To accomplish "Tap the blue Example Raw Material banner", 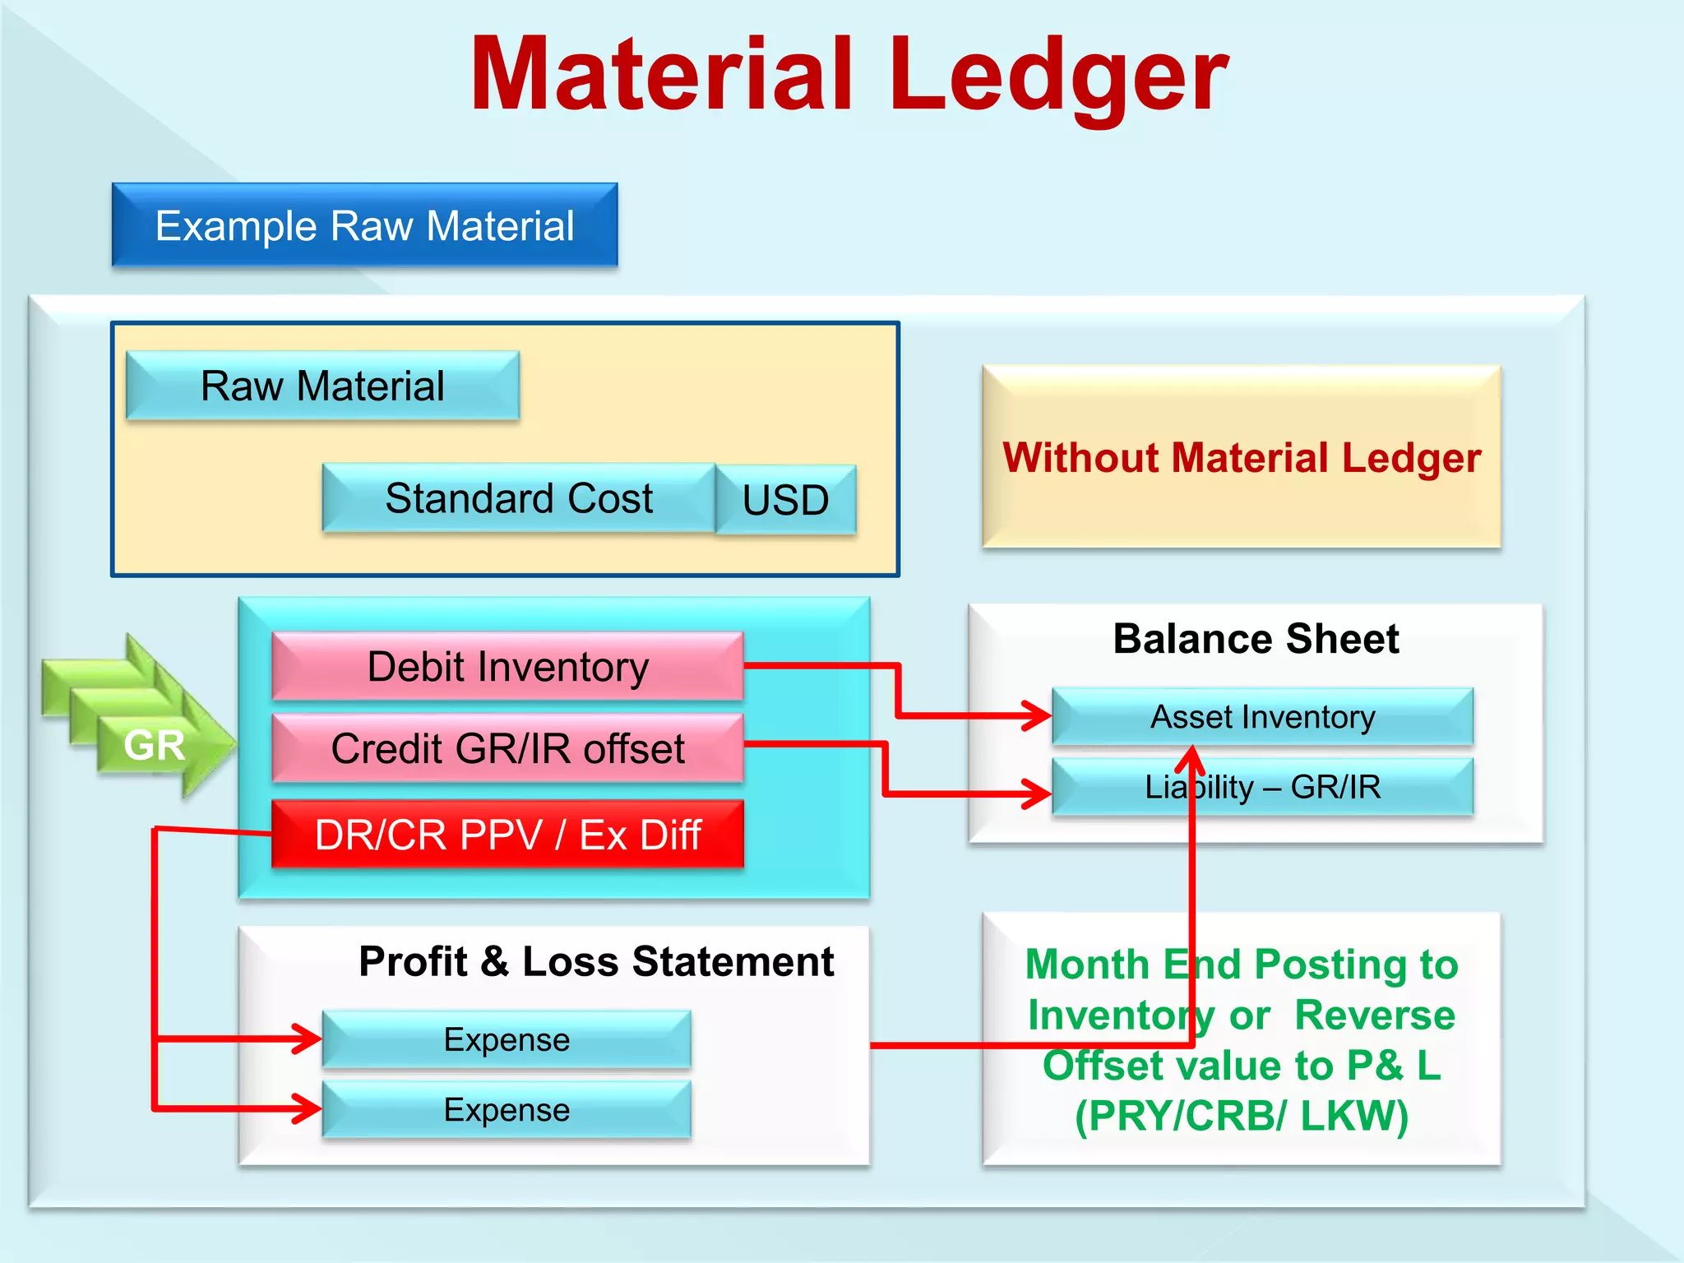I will [x=364, y=225].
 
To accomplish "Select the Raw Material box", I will [x=322, y=386].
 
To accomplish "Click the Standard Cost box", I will [x=519, y=498].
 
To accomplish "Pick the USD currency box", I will [x=785, y=500].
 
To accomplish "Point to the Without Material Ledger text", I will [x=1241, y=457].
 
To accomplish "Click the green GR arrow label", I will [x=154, y=745].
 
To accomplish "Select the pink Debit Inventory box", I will [x=507, y=666].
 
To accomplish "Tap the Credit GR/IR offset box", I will [x=507, y=748].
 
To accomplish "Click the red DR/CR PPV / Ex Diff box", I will [x=507, y=835].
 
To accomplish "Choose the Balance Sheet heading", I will [x=1256, y=639].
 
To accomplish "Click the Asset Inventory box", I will [x=1262, y=717].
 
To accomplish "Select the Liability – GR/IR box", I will [x=1262, y=787].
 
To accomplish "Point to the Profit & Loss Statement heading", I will [x=596, y=961].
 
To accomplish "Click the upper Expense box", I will [x=507, y=1039].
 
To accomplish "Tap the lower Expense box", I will [x=507, y=1110].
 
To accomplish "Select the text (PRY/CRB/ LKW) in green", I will [x=1242, y=1116].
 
